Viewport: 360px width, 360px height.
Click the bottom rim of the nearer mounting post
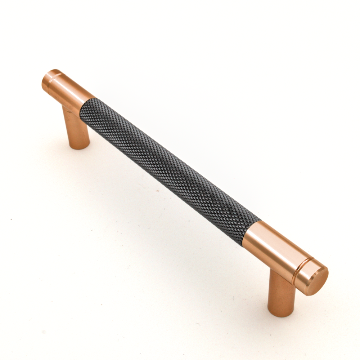(281, 314)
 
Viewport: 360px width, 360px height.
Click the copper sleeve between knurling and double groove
(270, 249)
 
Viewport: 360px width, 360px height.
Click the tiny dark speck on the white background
(11, 219)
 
